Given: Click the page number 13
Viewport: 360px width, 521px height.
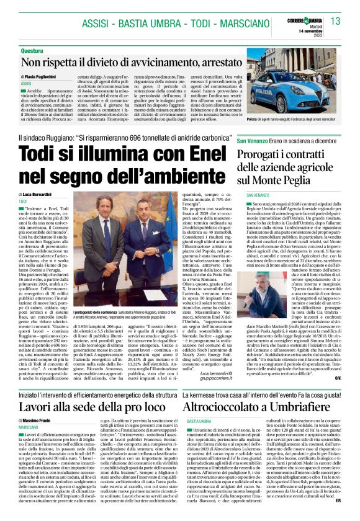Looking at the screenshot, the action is (335, 22).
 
